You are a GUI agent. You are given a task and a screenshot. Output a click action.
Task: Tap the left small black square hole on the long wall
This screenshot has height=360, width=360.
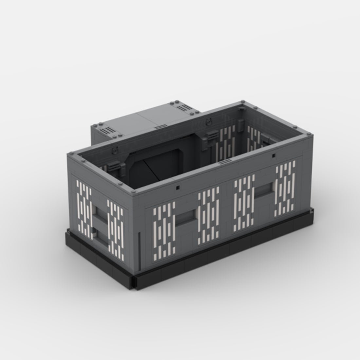[x=177, y=188]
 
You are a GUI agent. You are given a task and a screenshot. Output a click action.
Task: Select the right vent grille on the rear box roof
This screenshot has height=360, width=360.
[x=181, y=108]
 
